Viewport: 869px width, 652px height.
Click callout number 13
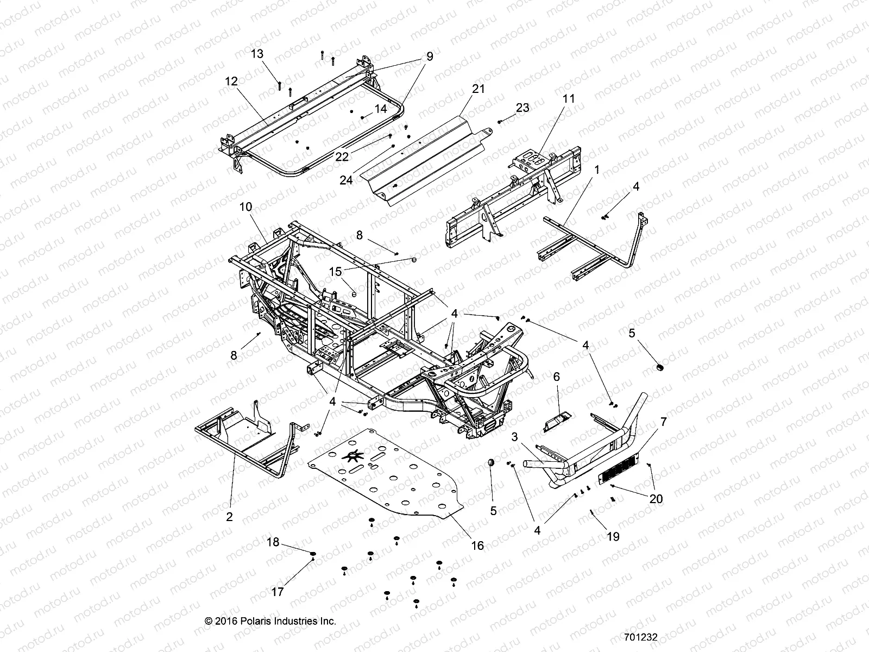(257, 53)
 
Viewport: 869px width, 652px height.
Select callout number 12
(231, 81)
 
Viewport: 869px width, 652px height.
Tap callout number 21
(478, 89)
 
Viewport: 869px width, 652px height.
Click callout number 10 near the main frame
(245, 207)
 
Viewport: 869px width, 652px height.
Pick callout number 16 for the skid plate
(477, 545)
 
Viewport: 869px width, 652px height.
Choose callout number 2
(229, 517)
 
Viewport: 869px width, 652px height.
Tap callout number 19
(613, 537)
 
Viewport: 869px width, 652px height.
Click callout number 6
(556, 376)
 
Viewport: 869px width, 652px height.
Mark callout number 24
(347, 180)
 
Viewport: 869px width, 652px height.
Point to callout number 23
(522, 108)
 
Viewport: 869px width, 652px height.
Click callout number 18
(273, 542)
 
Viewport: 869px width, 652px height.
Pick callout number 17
(277, 592)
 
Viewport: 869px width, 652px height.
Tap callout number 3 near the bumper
(515, 438)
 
